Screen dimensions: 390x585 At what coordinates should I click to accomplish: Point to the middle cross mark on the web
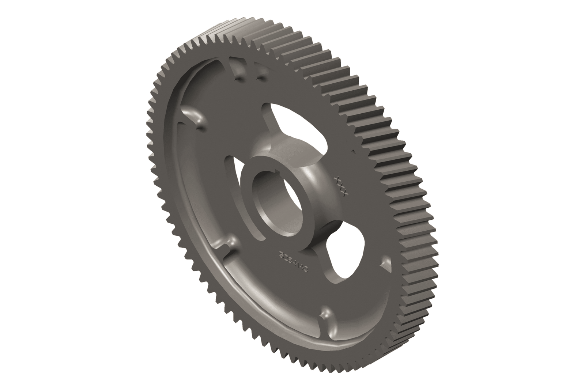point(341,186)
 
